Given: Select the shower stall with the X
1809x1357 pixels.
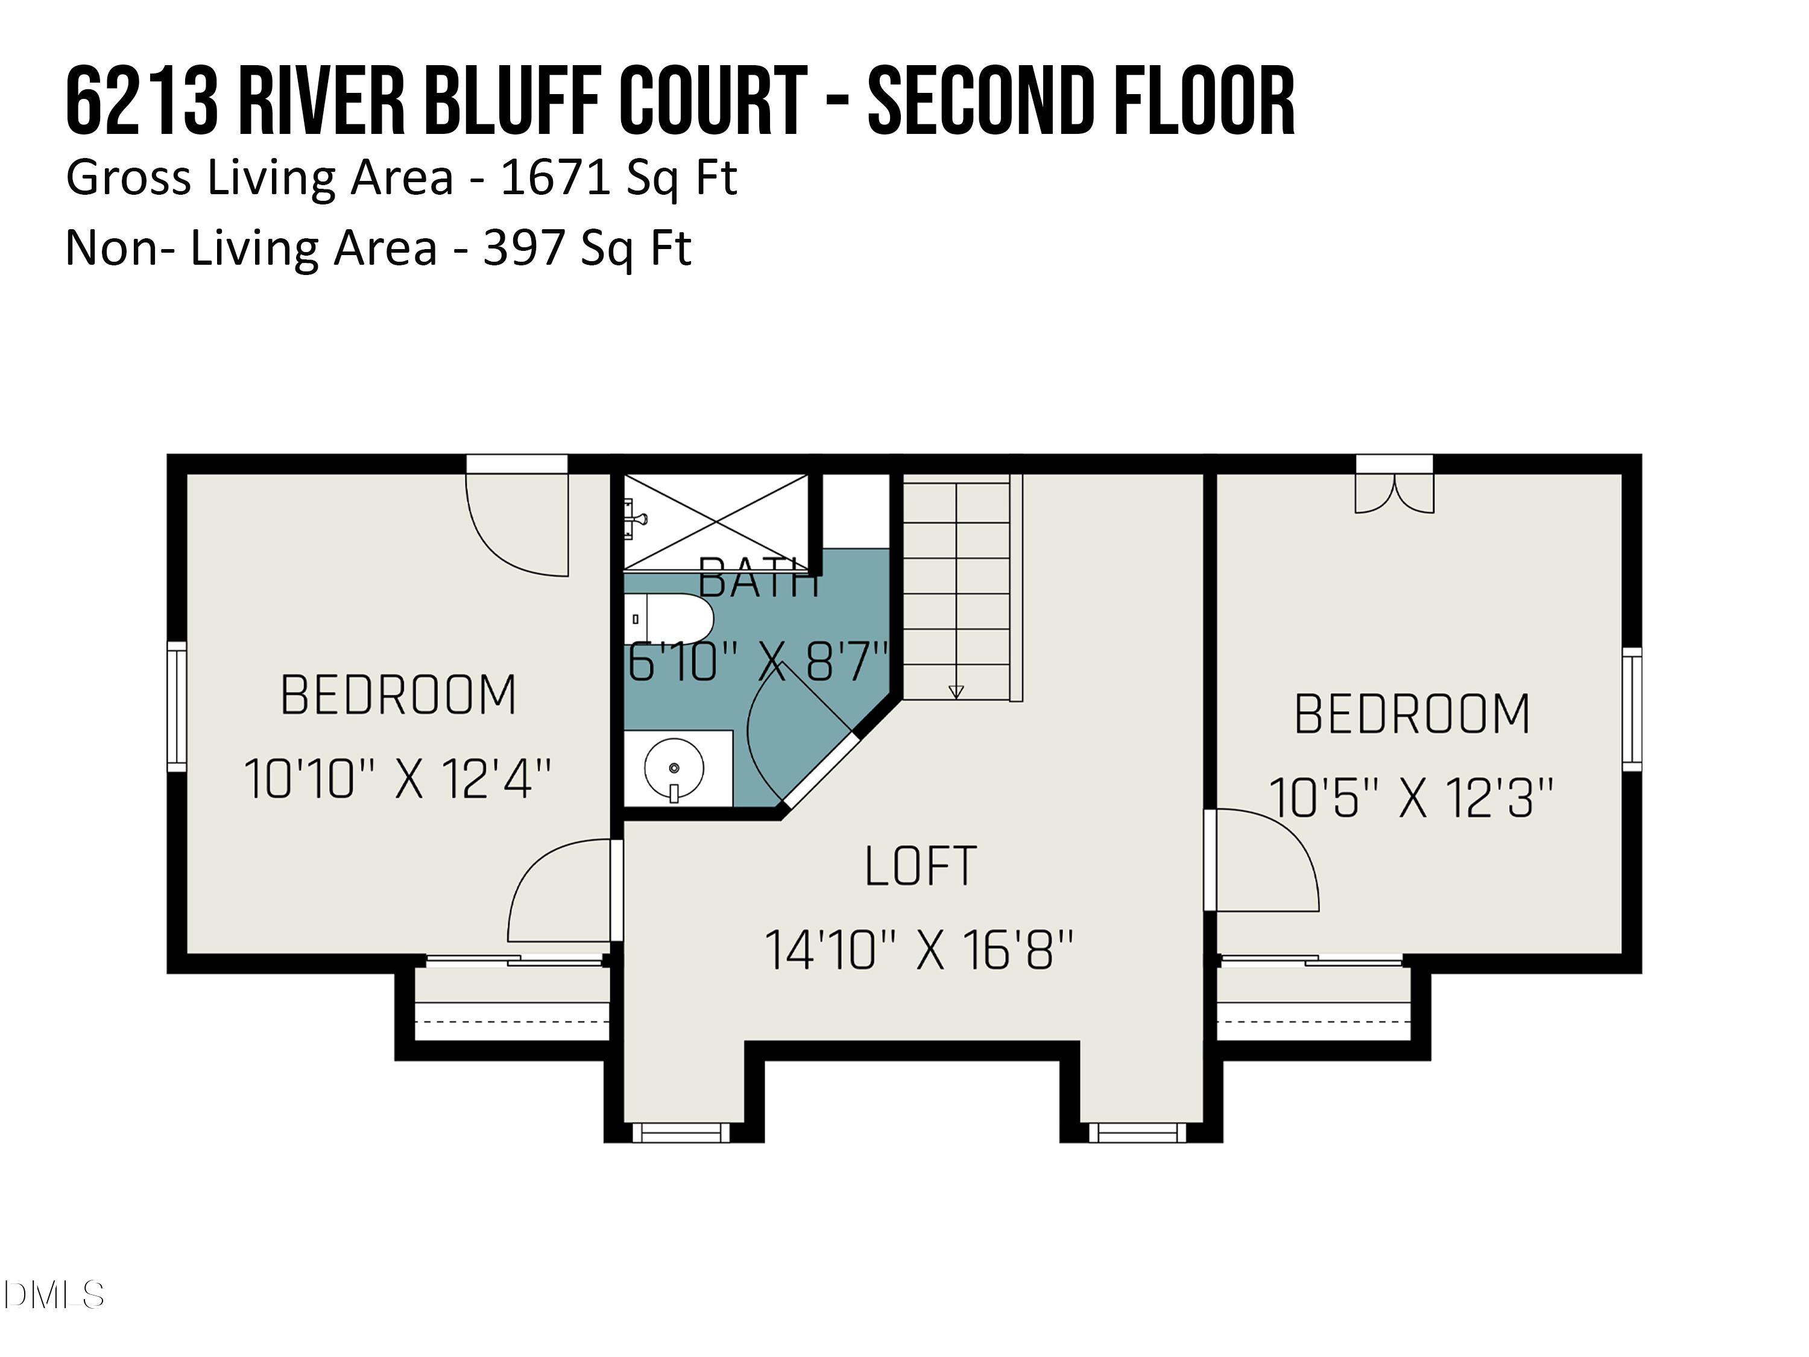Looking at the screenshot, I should pos(716,521).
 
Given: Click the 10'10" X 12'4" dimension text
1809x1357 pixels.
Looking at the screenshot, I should pos(397,779).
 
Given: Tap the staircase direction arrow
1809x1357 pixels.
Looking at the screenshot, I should pos(956,691).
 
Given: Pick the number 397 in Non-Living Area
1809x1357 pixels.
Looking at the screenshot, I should pos(523,248).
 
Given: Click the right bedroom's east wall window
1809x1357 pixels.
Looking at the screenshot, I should pos(1632,709).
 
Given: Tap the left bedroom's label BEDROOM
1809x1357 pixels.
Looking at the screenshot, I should pos(398,696).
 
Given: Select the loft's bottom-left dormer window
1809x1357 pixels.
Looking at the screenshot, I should pos(680,1132).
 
